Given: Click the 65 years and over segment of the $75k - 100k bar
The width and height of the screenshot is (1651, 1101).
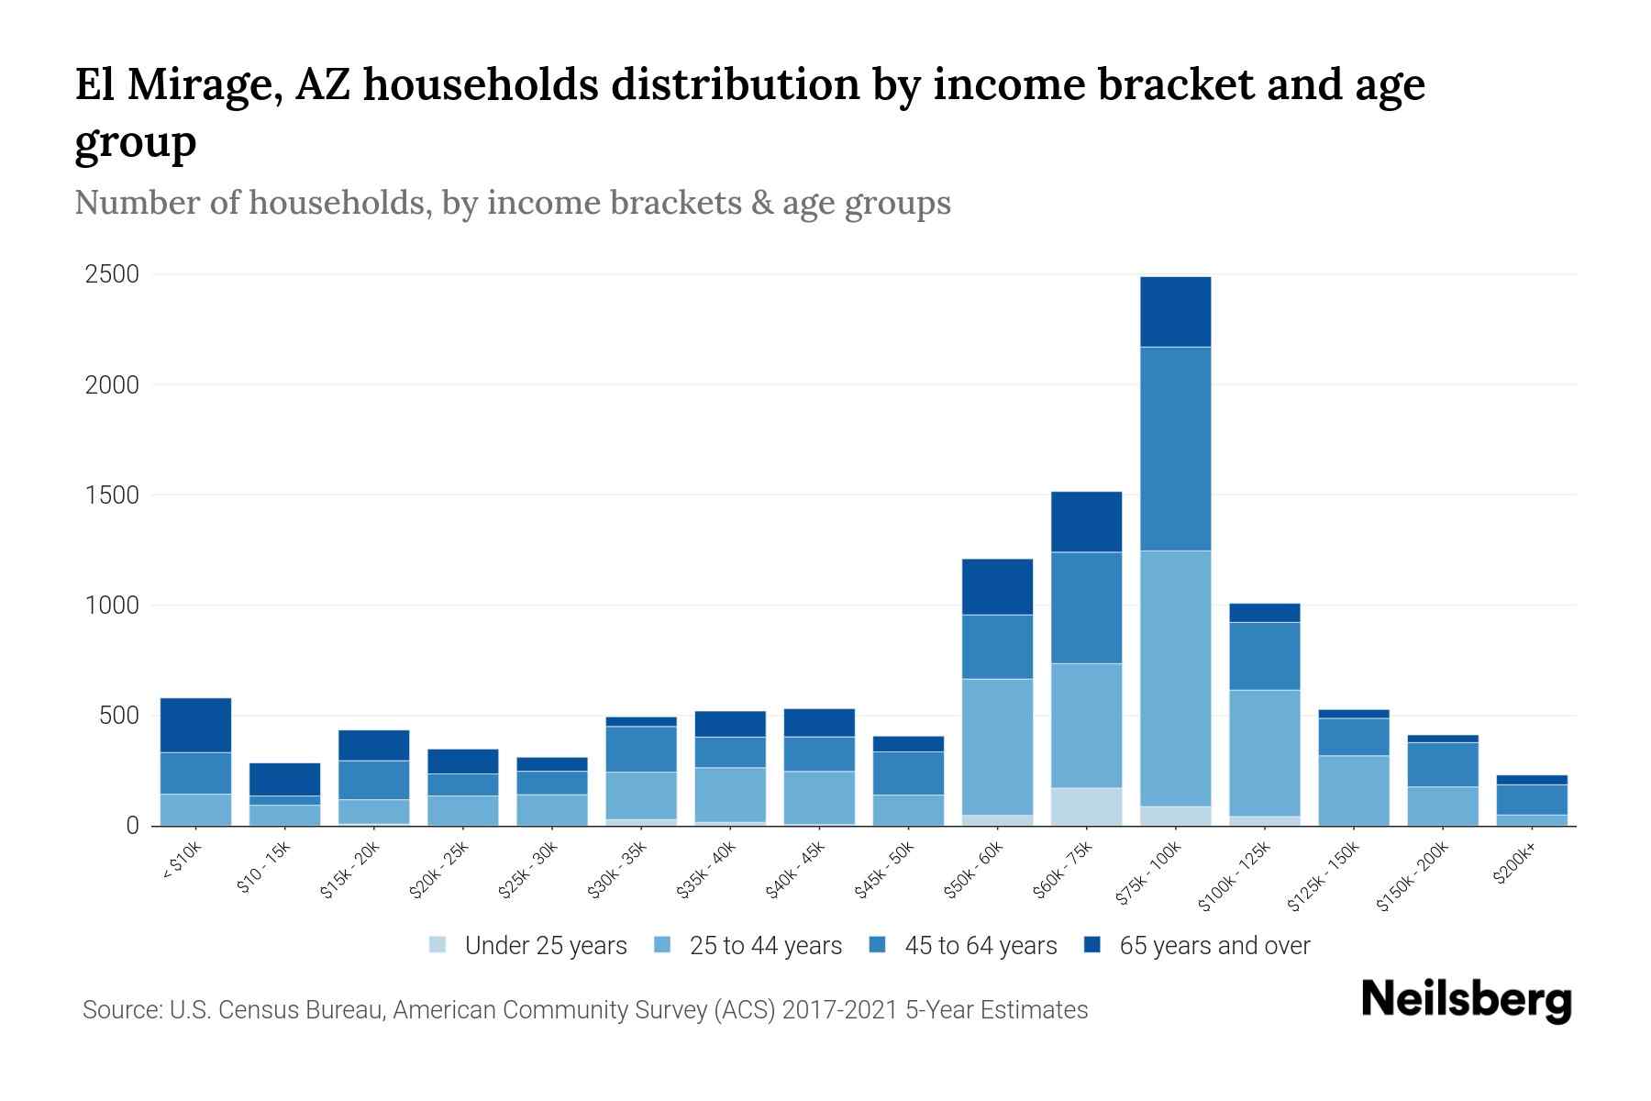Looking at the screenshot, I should tap(1175, 312).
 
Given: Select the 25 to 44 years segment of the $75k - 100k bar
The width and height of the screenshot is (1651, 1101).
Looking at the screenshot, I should tap(1175, 679).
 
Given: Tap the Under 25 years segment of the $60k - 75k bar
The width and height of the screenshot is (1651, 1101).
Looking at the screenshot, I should tap(1086, 806).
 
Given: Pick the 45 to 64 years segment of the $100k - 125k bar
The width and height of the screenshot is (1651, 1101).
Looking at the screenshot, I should tap(1265, 656).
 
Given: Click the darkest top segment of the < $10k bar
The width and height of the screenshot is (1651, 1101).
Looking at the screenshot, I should tap(195, 725).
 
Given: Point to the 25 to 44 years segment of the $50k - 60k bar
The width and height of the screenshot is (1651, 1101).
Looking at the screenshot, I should tap(997, 747).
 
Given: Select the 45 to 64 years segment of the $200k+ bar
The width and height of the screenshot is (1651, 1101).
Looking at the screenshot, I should tap(1532, 799).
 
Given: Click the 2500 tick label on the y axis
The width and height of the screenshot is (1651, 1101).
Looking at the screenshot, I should tap(112, 274).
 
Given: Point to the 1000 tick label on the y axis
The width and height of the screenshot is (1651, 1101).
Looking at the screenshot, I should tap(112, 606).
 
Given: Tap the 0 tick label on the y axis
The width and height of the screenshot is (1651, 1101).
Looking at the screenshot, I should tap(132, 826).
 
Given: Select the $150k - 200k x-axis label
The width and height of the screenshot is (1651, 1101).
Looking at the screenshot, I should tap(1413, 876).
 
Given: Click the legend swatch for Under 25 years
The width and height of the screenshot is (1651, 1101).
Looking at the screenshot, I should tap(438, 945).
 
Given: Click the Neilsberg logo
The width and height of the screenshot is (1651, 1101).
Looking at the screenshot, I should tap(1466, 1000).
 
